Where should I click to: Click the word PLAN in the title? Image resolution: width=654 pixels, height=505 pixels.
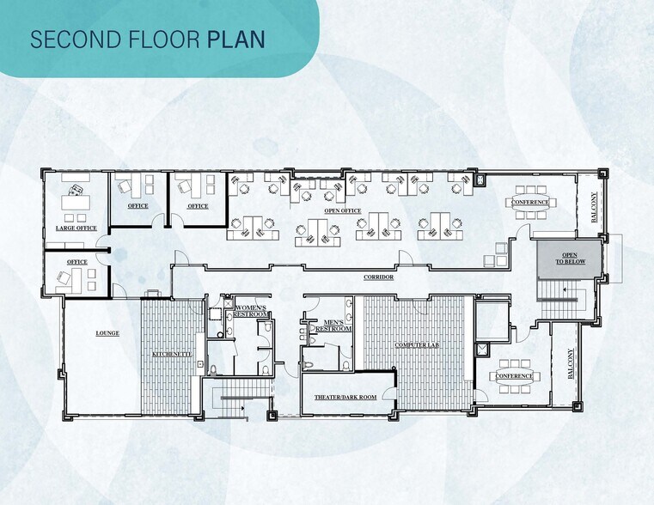pyautogui.click(x=236, y=40)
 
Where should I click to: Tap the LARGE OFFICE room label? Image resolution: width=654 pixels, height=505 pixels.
pyautogui.click(x=76, y=228)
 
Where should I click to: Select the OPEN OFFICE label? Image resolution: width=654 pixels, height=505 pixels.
pyautogui.click(x=343, y=210)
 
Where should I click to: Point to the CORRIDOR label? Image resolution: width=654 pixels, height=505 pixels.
pyautogui.click(x=379, y=277)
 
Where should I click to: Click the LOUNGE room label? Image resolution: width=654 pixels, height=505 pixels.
pyautogui.click(x=107, y=333)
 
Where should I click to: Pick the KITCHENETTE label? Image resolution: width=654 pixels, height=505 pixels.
pyautogui.click(x=172, y=354)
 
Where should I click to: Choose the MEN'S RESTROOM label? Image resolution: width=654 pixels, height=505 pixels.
pyautogui.click(x=333, y=326)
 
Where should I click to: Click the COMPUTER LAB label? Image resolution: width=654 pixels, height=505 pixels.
pyautogui.click(x=417, y=345)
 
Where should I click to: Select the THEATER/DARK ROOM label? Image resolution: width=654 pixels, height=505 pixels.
pyautogui.click(x=345, y=398)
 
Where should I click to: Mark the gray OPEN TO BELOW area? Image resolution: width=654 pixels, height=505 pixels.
pyautogui.click(x=569, y=259)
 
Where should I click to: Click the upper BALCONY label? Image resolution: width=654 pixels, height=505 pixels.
pyautogui.click(x=595, y=207)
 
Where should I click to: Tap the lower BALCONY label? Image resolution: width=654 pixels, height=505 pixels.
pyautogui.click(x=570, y=364)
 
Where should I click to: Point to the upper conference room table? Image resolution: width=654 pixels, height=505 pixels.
pyautogui.click(x=530, y=203)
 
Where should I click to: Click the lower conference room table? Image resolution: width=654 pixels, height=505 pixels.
pyautogui.click(x=514, y=376)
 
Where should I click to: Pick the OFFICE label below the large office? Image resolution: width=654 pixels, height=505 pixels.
pyautogui.click(x=77, y=262)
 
